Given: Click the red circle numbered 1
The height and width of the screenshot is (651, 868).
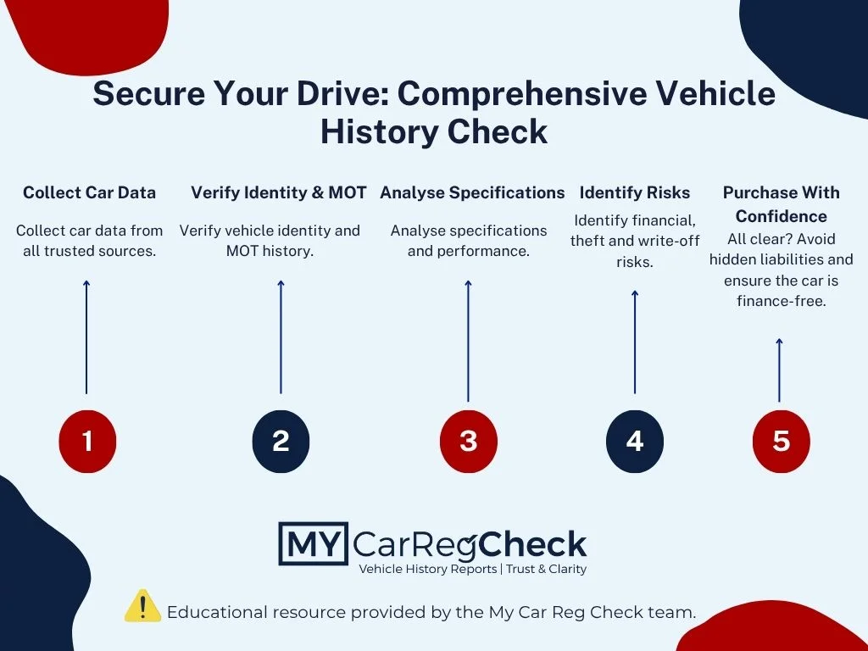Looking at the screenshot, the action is click(x=87, y=441).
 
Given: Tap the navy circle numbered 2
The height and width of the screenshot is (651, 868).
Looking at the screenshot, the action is click(x=281, y=441).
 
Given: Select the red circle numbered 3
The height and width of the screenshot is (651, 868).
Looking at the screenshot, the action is click(x=468, y=441).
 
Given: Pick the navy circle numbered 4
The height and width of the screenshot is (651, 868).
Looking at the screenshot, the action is click(x=634, y=441).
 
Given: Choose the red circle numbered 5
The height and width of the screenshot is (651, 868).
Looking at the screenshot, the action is click(x=781, y=441).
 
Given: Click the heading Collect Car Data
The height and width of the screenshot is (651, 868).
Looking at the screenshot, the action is click(x=89, y=192).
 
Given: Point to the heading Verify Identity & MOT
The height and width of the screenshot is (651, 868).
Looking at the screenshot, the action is click(x=278, y=192).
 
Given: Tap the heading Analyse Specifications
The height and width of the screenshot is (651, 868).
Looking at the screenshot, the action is click(x=472, y=192).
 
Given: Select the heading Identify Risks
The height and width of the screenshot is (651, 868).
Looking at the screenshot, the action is click(x=634, y=192).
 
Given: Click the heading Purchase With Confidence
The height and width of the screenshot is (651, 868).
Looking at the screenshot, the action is click(x=781, y=204).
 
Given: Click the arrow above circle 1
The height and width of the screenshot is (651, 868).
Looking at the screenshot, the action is click(x=86, y=337).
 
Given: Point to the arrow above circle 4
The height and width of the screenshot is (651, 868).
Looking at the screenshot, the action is click(x=635, y=342).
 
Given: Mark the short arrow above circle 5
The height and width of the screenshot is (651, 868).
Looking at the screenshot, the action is click(x=780, y=370).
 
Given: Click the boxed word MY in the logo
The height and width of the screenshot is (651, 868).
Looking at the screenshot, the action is click(x=314, y=543).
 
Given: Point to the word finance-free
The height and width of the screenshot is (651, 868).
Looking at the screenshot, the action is click(x=781, y=301).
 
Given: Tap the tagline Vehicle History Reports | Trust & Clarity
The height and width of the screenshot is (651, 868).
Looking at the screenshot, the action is click(x=473, y=569).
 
